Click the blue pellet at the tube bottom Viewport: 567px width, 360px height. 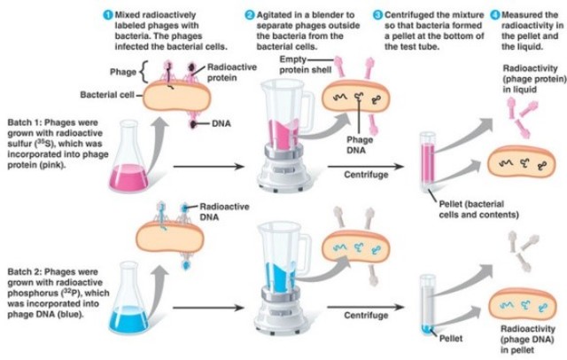click(x=423, y=330)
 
